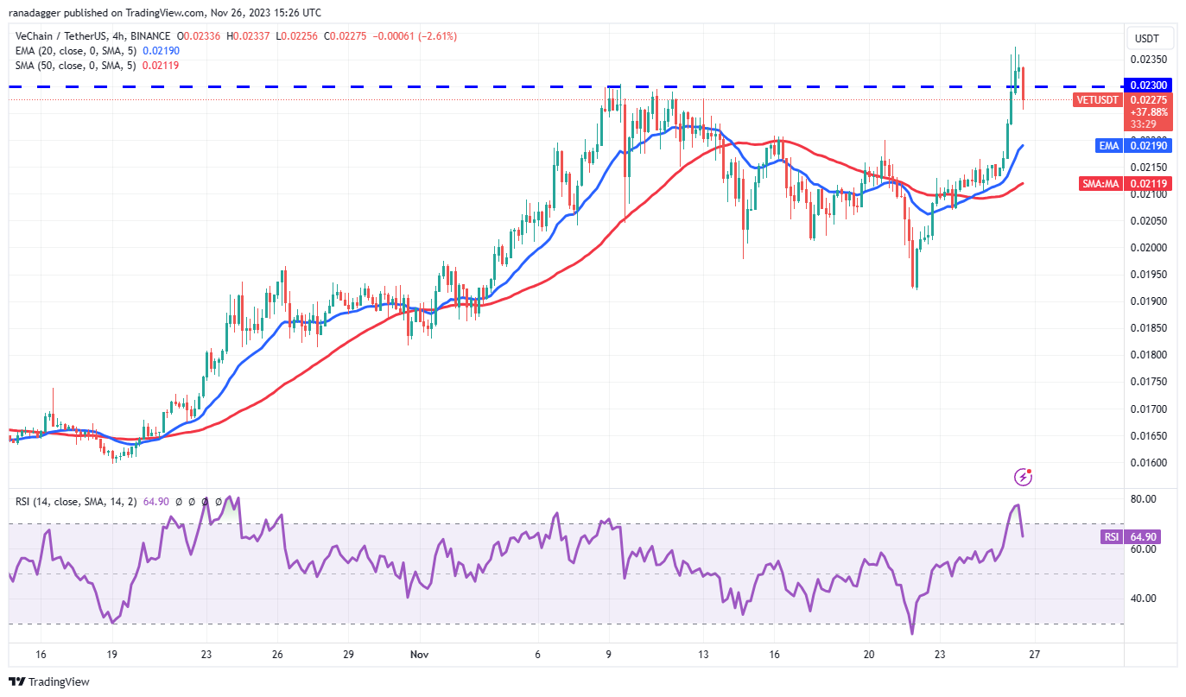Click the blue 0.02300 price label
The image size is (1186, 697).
[1146, 86]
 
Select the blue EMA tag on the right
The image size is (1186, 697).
[1109, 146]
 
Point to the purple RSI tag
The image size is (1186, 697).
[1111, 537]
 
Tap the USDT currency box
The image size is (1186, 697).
[1146, 38]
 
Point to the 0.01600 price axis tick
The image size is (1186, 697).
[1149, 463]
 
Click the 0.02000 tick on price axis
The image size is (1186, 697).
[1149, 248]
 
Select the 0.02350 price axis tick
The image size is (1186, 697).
[1149, 60]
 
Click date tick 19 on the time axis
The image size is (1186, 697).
[111, 655]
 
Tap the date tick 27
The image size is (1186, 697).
[1034, 655]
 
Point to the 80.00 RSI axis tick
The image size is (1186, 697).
[1145, 499]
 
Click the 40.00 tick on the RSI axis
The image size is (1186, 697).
[1145, 599]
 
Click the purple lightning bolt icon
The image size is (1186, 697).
[1024, 476]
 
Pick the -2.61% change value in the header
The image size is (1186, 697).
[439, 36]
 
